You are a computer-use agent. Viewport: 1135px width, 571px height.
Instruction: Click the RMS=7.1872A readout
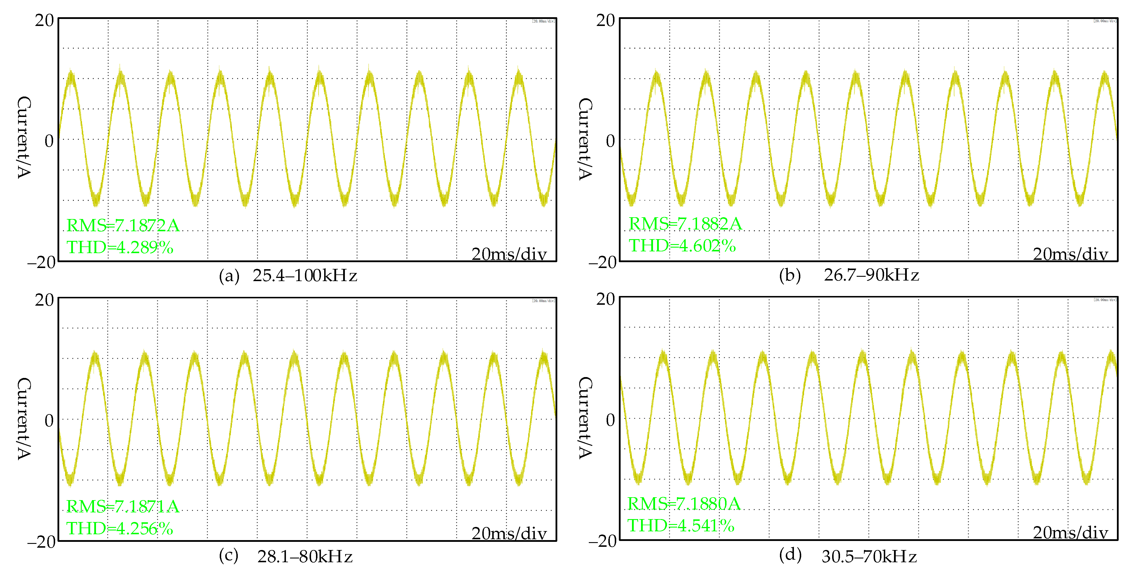coord(123,225)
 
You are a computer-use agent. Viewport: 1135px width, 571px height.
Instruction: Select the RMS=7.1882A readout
coord(685,224)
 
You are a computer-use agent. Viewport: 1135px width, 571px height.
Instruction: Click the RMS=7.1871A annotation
coord(123,506)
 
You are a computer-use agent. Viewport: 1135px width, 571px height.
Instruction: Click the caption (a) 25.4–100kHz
coord(288,276)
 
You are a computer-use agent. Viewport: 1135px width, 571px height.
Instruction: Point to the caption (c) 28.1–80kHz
coord(286,556)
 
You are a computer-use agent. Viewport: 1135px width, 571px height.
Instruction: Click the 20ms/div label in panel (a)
coord(509,254)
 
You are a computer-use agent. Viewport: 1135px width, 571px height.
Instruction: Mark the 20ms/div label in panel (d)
coord(1070,533)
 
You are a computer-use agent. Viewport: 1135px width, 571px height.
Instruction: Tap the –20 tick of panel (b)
coord(602,262)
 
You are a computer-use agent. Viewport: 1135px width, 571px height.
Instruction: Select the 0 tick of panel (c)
coord(49,421)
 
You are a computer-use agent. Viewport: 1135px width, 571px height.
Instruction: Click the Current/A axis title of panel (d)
coord(585,417)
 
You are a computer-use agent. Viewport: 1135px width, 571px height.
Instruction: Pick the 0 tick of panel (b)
coord(610,141)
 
